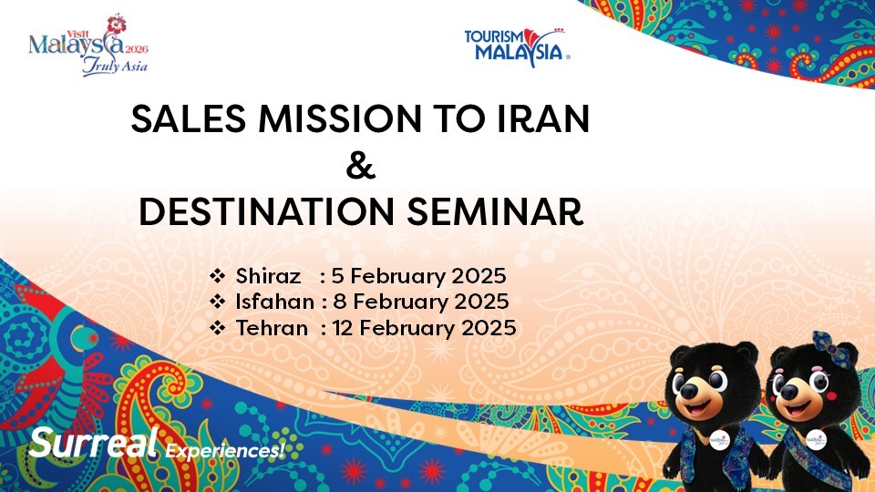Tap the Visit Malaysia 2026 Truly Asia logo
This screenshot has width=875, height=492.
tap(88, 46)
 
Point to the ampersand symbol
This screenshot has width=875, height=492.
tap(361, 165)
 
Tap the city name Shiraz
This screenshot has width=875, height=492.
tap(268, 276)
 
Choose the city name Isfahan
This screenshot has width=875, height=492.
tap(274, 302)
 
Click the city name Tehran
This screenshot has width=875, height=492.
tap(272, 328)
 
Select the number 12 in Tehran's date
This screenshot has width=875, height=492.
tap(342, 328)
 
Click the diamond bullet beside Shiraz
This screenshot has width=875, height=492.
tap(217, 275)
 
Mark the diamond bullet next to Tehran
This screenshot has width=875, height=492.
tap(217, 327)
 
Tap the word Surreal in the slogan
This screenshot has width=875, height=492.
tap(94, 443)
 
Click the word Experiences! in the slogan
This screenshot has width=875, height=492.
tap(225, 450)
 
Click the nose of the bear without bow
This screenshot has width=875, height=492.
tap(690, 391)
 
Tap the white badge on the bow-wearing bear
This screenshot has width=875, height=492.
tap(817, 440)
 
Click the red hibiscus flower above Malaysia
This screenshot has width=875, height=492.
tap(116, 24)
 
